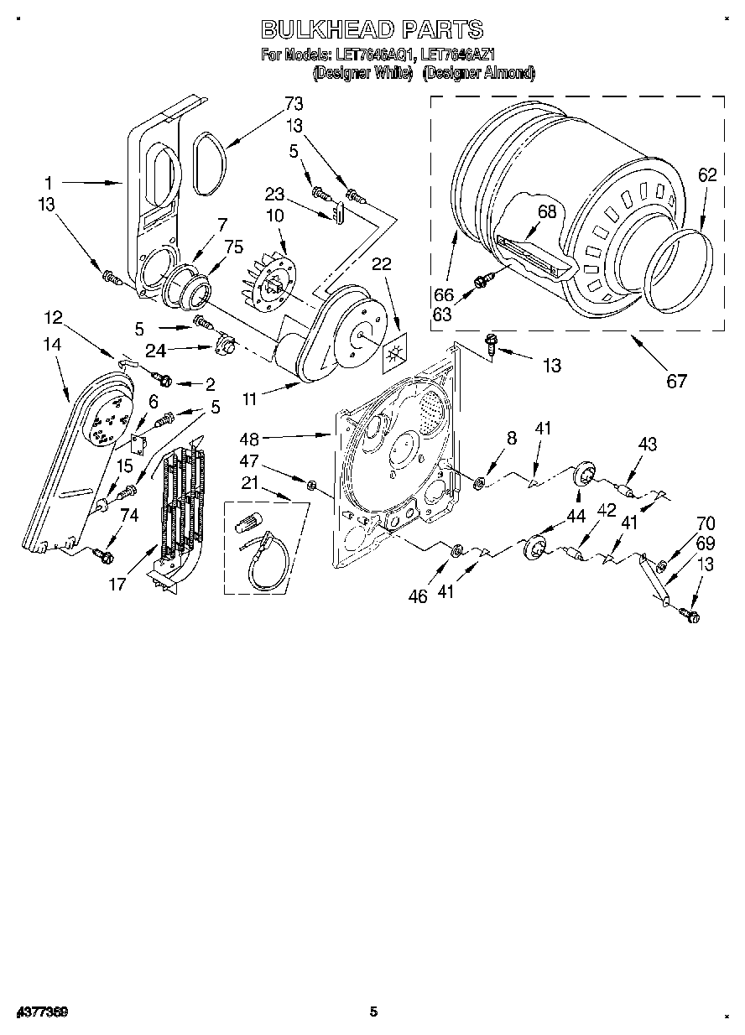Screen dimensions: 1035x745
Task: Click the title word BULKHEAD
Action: (327, 30)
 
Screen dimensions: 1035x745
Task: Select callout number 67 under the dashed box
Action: (676, 381)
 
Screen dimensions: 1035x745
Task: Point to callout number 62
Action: (707, 175)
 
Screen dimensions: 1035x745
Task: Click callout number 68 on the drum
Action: (547, 212)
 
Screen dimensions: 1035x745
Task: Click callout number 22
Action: (382, 263)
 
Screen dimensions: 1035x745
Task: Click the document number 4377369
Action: (40, 1012)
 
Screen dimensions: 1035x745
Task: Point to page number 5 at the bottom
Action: (373, 1012)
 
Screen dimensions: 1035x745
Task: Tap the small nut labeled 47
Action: (310, 484)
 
